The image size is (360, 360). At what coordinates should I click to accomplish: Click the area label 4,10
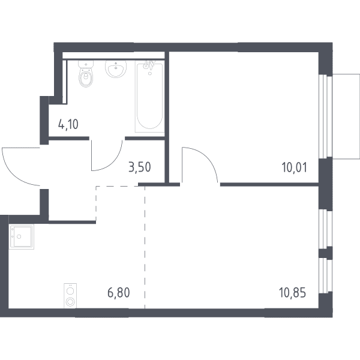[68, 124]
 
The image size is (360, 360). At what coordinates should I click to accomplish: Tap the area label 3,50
[140, 167]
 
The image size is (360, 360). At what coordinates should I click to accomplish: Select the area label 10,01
[294, 167]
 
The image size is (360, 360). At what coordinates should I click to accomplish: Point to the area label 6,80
[119, 293]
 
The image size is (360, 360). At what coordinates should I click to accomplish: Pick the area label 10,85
[292, 293]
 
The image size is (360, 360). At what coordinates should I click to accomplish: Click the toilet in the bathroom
[86, 74]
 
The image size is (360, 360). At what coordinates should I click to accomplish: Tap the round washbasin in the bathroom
[116, 68]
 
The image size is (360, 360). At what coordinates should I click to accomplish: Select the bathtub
[149, 97]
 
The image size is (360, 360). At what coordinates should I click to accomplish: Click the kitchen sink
[22, 236]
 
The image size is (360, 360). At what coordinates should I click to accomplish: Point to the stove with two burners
[70, 296]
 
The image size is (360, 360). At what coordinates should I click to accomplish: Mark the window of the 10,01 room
[325, 116]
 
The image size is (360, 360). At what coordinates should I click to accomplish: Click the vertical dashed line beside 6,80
[145, 247]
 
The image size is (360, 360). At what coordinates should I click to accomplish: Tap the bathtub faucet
[149, 65]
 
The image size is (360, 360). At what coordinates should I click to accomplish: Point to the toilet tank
[86, 64]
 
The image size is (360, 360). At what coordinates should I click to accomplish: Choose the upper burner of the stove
[70, 291]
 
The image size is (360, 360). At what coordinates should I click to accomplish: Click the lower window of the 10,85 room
[325, 276]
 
